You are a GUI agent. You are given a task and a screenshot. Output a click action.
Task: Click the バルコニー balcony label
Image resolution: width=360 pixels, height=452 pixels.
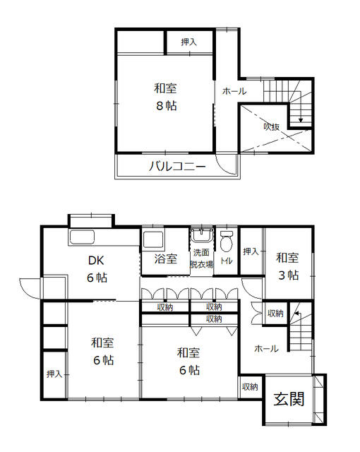pos(177,167)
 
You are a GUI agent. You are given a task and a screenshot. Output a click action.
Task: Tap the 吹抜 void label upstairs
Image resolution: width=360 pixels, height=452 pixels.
pos(272,126)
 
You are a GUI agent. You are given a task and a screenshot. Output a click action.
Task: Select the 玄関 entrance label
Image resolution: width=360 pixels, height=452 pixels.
pos(289,399)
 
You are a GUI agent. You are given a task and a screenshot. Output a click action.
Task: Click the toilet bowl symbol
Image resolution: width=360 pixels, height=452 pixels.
pos(227,242)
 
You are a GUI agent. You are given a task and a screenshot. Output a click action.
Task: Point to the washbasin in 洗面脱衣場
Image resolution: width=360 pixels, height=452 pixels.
pos(202,236)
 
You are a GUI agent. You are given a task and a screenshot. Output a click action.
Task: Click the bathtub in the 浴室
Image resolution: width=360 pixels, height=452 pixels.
pos(152,239)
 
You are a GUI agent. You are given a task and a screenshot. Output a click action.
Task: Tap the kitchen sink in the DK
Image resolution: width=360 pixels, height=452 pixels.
pos(82,237)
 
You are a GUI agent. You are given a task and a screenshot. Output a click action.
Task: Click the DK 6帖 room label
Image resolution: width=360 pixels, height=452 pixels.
pos(97,269)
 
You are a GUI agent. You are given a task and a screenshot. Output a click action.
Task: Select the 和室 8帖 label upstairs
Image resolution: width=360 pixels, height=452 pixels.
pos(166,97)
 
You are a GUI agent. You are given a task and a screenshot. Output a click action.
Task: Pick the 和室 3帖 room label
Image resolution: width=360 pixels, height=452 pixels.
pos(288,266)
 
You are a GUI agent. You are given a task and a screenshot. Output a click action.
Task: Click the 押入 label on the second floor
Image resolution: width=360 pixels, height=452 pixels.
pos(189,42)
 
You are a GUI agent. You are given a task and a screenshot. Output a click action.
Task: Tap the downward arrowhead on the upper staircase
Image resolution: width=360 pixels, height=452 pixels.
pos(301,120)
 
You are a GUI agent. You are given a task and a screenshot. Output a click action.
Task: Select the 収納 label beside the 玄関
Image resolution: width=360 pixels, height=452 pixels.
pos(250,386)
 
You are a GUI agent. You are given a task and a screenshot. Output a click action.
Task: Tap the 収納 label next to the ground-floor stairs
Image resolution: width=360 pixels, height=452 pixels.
pos(275,313)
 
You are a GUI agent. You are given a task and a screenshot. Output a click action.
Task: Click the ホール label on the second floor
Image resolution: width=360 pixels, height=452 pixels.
pos(234,91)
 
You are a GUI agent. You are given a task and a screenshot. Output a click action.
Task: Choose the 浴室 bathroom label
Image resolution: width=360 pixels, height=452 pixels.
pos(166,258)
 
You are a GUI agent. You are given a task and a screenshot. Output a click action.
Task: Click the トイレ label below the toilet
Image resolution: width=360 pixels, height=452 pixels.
pos(227,261)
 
